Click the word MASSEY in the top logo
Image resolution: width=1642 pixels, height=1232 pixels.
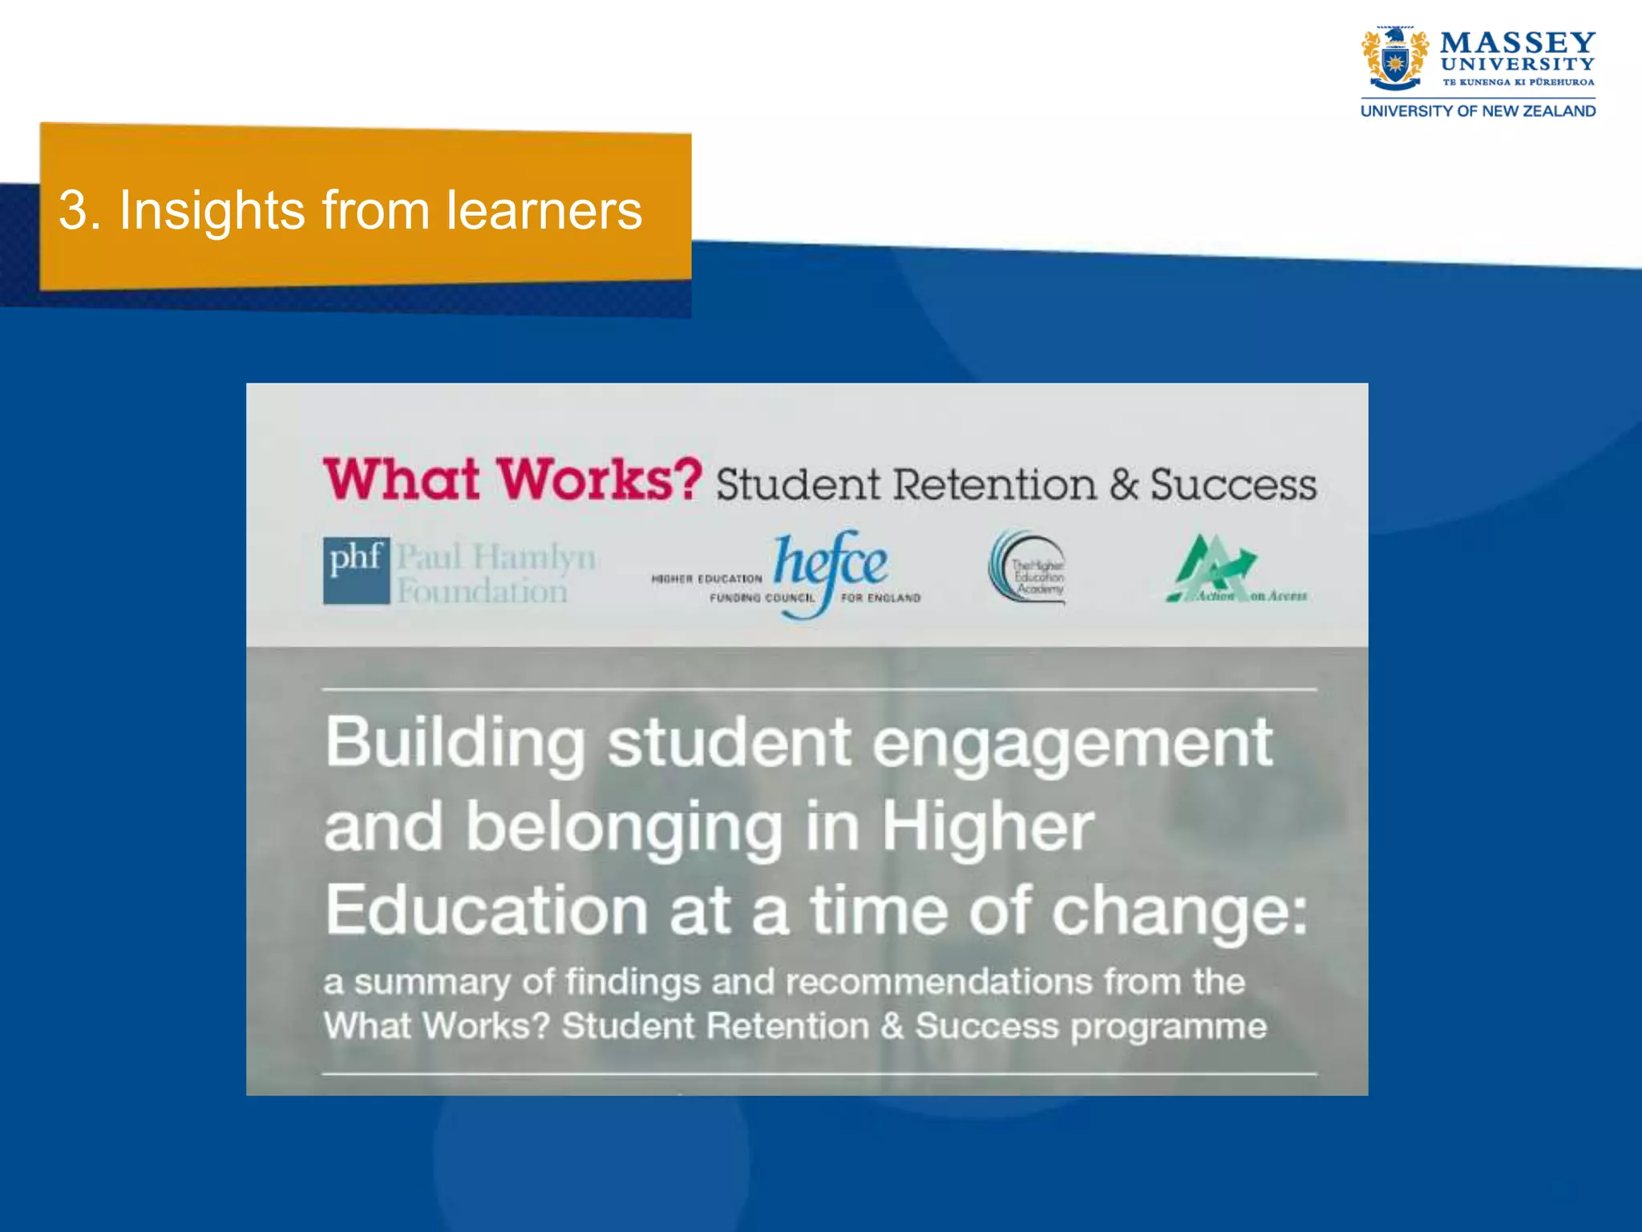coord(1518,42)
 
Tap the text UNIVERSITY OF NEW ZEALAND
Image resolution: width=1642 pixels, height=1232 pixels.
coord(1478,111)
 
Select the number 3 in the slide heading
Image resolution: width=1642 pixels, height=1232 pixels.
coord(73,211)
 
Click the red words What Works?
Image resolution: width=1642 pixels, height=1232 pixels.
coord(512,480)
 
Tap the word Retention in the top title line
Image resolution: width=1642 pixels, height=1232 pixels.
coord(994,484)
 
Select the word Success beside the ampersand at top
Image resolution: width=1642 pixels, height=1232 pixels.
coord(1233,484)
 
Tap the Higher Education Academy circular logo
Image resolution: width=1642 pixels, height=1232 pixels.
coord(1028,568)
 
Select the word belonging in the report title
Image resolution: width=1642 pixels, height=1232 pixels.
coord(624,828)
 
